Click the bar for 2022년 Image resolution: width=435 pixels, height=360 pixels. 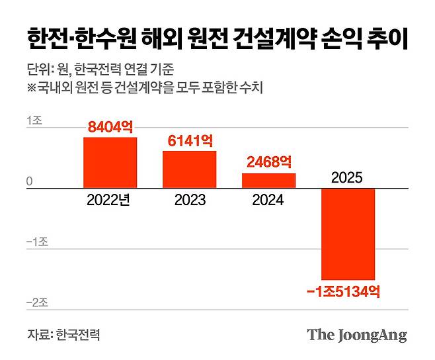tap(110, 163)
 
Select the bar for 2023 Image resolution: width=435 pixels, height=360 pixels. tap(189, 170)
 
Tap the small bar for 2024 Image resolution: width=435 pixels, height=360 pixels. tap(268, 181)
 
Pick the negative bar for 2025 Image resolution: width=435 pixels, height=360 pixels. tap(348, 234)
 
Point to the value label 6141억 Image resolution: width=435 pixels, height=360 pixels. tap(189, 141)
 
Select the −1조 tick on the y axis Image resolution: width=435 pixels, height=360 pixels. tap(36, 242)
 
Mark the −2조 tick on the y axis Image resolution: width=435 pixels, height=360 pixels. tap(36, 302)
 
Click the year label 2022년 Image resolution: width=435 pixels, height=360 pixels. tap(110, 201)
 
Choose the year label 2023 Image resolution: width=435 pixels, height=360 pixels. tap(189, 201)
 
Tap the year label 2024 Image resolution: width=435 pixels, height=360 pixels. tap(268, 201)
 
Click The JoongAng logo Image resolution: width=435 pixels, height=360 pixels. tap(357, 335)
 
